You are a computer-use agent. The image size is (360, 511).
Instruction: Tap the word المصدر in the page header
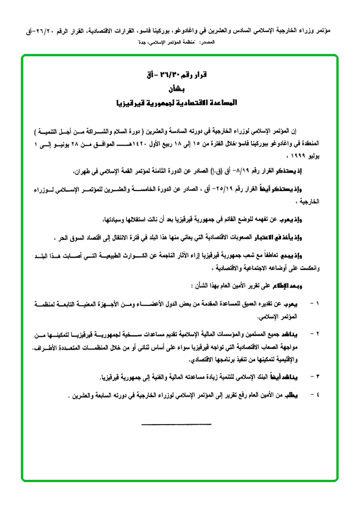(201, 43)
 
